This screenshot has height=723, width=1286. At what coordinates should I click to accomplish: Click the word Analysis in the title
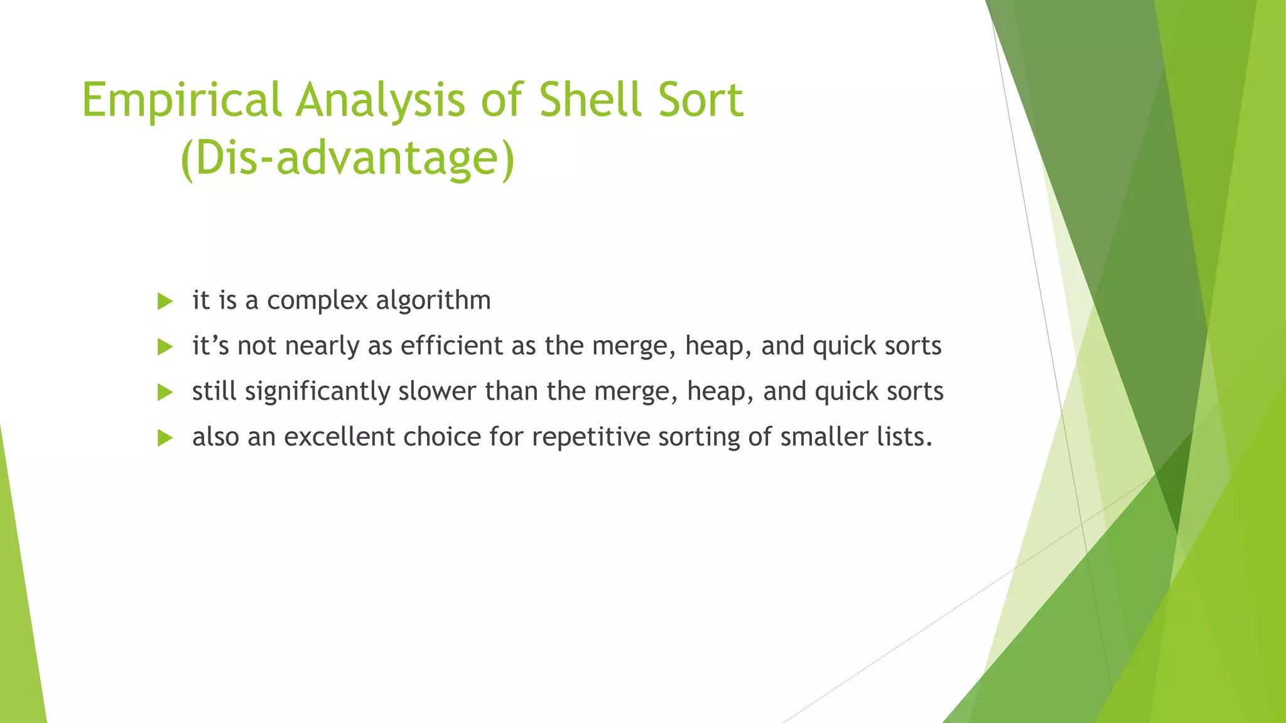click(381, 100)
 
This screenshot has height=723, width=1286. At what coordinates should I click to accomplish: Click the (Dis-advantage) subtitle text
click(347, 158)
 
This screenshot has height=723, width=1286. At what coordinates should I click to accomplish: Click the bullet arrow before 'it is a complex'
click(165, 301)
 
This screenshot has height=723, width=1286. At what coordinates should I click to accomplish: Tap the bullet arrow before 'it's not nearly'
click(165, 347)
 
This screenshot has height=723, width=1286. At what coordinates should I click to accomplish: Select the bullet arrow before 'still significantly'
click(165, 393)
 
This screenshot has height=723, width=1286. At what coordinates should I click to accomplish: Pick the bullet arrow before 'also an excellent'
click(165, 438)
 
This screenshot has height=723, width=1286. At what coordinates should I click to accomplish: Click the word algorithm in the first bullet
click(433, 301)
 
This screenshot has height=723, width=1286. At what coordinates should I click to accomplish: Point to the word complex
click(317, 301)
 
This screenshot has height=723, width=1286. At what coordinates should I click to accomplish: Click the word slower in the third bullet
click(437, 392)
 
